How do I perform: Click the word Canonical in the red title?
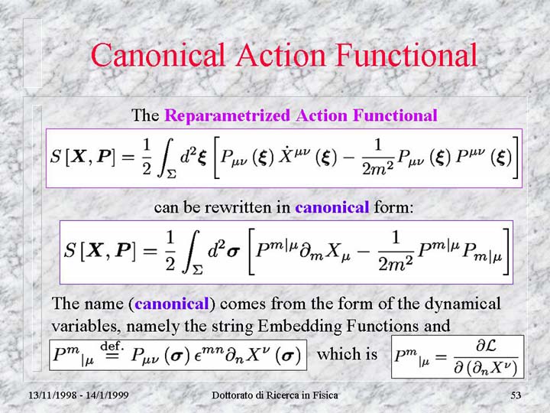(157, 55)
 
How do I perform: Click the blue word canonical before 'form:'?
(332, 207)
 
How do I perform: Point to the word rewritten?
(238, 207)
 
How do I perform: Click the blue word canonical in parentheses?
(172, 304)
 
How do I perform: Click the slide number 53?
(516, 395)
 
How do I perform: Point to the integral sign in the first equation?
(167, 157)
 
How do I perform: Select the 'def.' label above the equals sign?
(112, 346)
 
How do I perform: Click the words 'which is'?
(348, 354)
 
